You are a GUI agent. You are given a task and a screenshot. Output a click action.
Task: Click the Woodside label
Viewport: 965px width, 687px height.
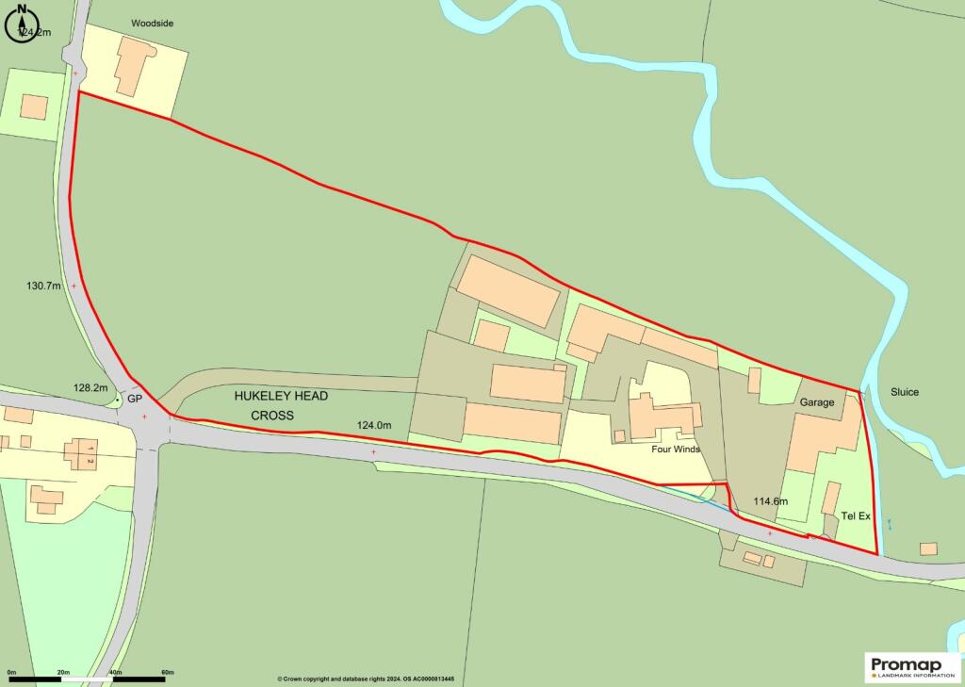coord(152,23)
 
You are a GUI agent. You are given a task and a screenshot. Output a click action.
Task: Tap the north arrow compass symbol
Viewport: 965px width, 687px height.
coord(21,25)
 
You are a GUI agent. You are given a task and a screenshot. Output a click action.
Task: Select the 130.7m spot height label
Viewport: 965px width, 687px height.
coord(43,285)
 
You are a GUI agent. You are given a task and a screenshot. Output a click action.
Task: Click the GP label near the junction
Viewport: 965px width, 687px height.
coord(135,400)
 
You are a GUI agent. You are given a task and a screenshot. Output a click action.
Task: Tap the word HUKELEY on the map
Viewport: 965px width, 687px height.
coord(267,397)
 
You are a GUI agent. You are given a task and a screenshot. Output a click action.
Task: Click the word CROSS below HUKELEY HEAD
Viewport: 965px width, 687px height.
coord(272,416)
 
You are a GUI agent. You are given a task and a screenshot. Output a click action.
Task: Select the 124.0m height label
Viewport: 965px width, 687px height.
coord(374,425)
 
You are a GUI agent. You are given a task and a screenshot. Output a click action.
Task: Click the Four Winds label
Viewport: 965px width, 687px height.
coord(676,450)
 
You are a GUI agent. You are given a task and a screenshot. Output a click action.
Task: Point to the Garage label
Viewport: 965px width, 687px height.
coord(817,402)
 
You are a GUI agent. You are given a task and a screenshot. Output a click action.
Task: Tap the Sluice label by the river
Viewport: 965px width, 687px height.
coord(904,392)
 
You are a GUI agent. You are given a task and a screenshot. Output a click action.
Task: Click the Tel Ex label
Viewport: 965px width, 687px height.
coord(856,516)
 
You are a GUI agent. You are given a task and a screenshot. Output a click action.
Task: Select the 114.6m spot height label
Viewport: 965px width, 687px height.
coord(770,500)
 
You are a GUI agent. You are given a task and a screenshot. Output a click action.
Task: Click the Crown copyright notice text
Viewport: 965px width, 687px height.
coord(366,679)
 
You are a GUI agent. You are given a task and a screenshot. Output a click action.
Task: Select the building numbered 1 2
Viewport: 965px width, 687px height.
coord(80,454)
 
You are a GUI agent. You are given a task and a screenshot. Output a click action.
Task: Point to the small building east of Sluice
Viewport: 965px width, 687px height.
coord(928,548)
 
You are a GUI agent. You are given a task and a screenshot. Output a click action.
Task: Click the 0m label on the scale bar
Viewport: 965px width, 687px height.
coord(12,672)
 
